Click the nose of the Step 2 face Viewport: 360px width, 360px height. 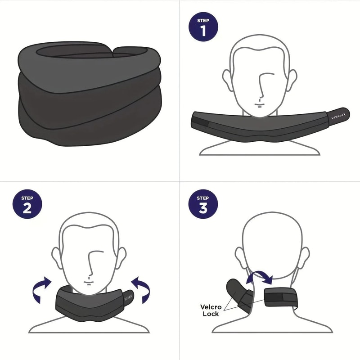(90, 266)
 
